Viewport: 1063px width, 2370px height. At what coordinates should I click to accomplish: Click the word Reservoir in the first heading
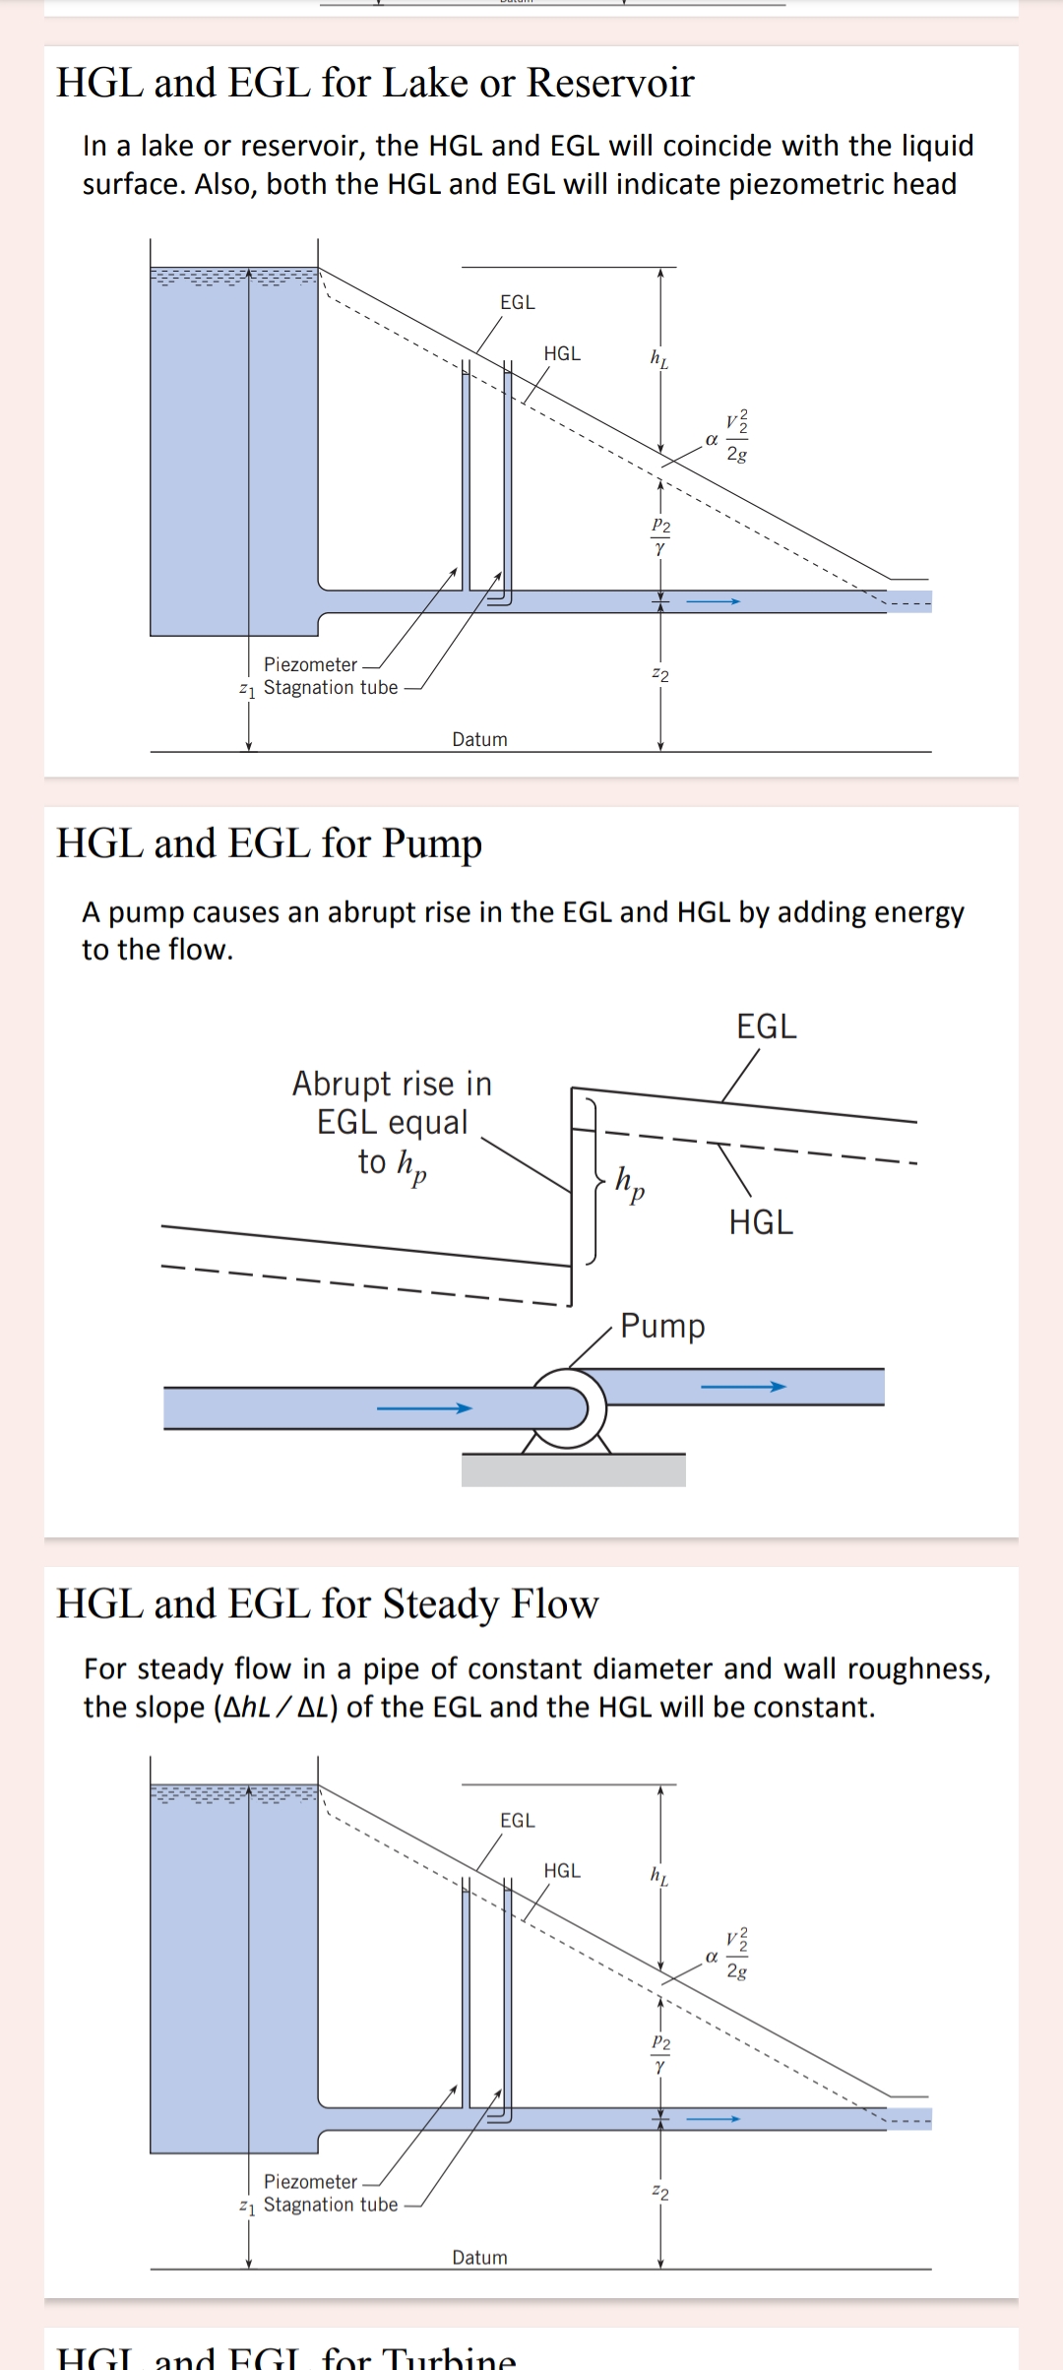(610, 83)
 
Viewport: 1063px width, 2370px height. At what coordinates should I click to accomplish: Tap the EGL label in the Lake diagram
(518, 303)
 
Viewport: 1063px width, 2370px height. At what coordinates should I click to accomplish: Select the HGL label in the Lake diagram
(562, 353)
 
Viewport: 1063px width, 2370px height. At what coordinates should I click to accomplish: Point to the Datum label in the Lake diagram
(479, 739)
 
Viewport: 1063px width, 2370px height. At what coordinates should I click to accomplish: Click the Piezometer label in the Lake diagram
(310, 665)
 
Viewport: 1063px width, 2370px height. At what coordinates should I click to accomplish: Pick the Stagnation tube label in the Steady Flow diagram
(331, 2205)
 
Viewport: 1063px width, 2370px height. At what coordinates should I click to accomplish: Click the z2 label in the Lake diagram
(660, 675)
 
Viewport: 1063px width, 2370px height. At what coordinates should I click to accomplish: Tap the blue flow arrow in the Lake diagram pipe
(713, 601)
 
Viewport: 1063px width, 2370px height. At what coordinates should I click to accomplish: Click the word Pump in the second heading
(432, 844)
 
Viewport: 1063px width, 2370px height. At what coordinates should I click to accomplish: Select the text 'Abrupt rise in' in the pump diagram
(392, 1084)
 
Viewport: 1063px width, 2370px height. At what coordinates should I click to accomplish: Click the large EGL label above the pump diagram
(767, 1027)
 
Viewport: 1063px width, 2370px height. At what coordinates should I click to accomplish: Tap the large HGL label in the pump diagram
(761, 1222)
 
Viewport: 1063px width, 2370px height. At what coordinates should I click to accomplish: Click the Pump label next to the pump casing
(662, 1326)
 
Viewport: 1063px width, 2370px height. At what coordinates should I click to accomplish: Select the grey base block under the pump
(573, 1470)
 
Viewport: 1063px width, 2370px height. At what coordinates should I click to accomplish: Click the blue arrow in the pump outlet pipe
(743, 1387)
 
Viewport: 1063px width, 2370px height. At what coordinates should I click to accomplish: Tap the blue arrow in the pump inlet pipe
(424, 1408)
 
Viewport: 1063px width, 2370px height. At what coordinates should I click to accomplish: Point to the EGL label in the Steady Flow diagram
(518, 1821)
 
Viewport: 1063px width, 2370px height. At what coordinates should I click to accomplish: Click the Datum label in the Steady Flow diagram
(479, 2257)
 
